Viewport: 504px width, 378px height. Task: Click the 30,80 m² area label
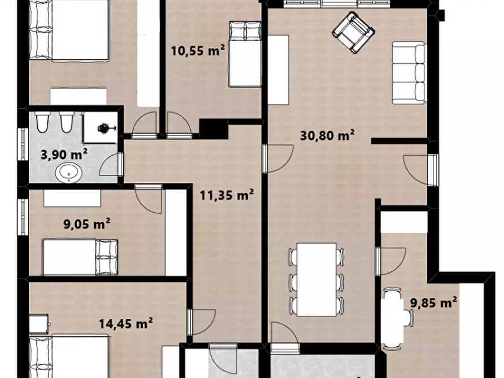327,135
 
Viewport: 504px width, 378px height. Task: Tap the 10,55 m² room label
198,50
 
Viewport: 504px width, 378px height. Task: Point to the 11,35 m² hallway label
227,195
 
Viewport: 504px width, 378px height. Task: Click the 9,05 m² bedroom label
87,223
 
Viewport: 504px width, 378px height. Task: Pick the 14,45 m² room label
125,323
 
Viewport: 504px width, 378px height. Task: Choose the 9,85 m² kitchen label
433,302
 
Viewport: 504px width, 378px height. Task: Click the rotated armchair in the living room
353,33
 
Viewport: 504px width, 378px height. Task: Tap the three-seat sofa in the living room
409,73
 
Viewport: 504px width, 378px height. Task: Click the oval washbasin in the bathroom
68,172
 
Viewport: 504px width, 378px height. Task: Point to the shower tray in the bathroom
100,128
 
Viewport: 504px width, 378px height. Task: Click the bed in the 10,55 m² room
244,54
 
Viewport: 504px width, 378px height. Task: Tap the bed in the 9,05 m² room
80,257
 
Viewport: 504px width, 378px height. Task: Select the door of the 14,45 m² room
202,322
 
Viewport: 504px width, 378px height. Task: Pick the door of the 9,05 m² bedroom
148,199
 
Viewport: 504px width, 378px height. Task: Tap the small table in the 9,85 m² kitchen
392,319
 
